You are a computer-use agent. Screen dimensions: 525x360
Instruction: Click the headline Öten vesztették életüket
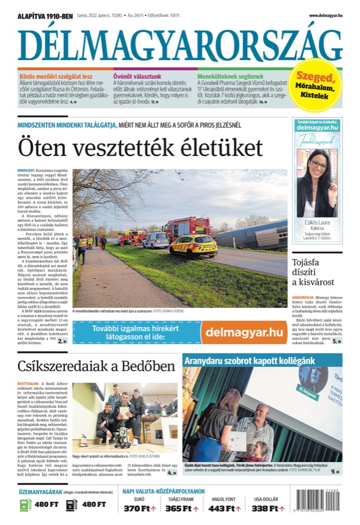(x=140, y=147)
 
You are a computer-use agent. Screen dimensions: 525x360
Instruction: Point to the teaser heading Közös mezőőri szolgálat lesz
(x=55, y=76)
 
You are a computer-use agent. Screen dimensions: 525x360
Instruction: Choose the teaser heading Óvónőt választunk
(x=137, y=76)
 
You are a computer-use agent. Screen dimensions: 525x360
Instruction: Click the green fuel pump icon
(x=25, y=503)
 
